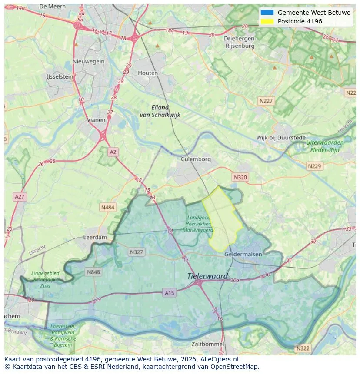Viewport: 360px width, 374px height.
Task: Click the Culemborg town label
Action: point(196,159)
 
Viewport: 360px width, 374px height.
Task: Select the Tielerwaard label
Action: point(207,276)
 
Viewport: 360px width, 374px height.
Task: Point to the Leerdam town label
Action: point(95,238)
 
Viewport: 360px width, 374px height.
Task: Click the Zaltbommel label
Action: point(208,344)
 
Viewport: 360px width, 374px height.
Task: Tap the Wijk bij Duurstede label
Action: point(280,138)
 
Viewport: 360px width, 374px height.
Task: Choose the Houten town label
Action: point(148,73)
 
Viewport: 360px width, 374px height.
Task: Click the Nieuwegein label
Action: point(89,61)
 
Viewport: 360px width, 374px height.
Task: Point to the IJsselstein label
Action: point(60,76)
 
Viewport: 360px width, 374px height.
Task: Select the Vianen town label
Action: point(96,120)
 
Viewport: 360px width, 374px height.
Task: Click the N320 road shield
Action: point(240,177)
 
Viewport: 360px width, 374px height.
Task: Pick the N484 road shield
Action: point(108,208)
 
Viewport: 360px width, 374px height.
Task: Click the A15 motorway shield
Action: point(170,293)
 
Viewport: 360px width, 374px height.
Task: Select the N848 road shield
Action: point(93,272)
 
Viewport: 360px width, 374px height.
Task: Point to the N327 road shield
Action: point(136,252)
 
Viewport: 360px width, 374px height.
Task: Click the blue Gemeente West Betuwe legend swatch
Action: point(267,13)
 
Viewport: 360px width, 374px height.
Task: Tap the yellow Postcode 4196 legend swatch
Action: point(267,21)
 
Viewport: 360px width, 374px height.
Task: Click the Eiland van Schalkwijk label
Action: point(160,111)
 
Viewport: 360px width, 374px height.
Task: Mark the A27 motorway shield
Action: point(20,197)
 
